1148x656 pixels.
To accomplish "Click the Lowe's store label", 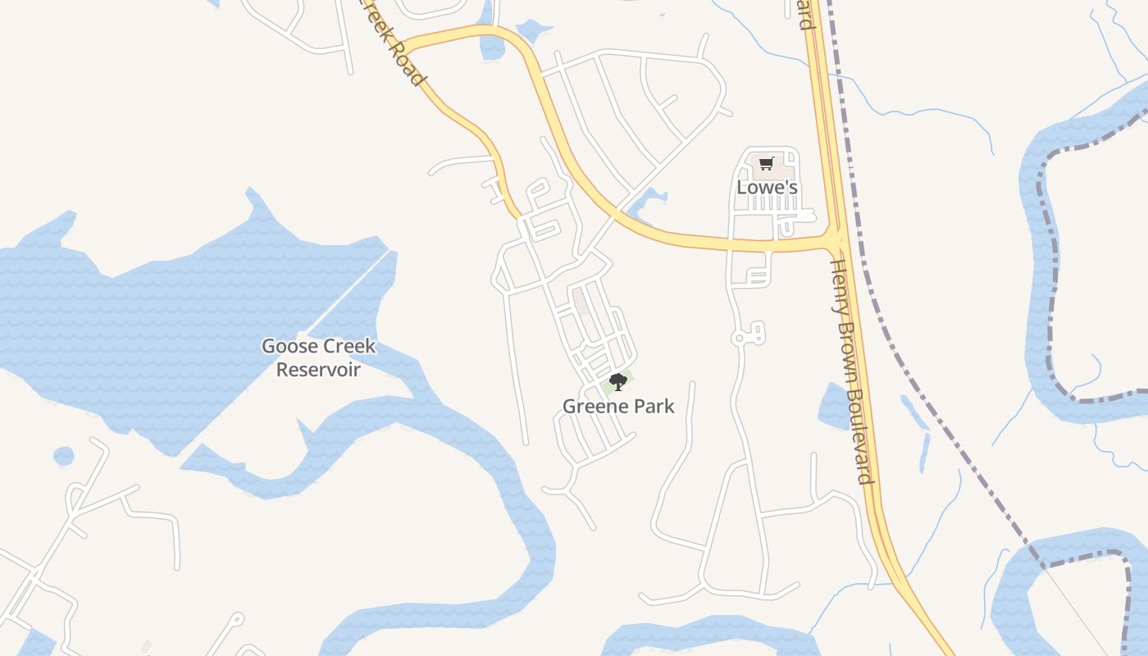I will click(x=767, y=187).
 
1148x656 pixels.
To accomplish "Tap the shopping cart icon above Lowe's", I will click(x=766, y=163).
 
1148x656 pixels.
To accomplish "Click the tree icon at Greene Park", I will click(x=618, y=381).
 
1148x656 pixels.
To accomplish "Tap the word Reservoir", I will click(x=318, y=370).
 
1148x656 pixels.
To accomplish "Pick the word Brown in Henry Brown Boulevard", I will click(x=849, y=353).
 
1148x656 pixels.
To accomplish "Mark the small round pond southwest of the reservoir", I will click(x=64, y=456).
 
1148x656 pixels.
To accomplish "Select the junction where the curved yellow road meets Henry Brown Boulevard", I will click(x=835, y=239).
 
